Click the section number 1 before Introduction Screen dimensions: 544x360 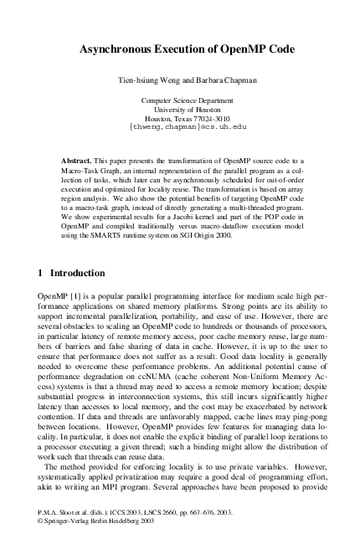point(43,273)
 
